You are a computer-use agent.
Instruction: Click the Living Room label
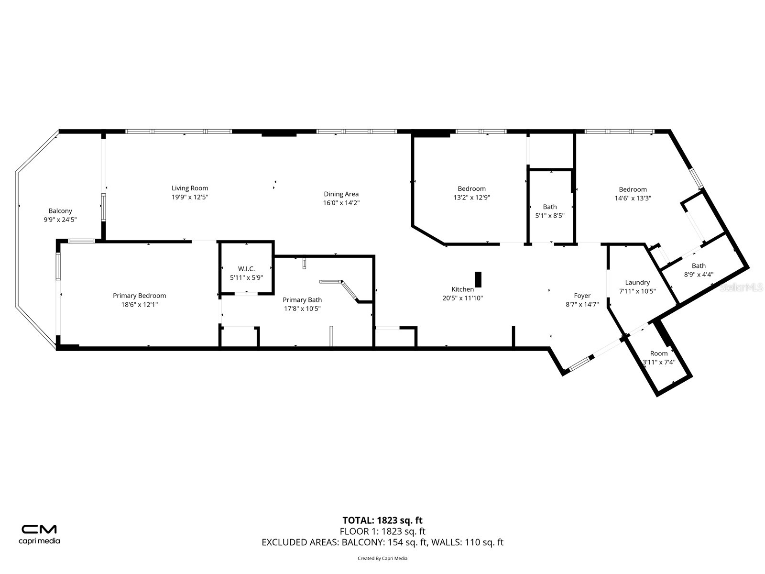click(x=190, y=188)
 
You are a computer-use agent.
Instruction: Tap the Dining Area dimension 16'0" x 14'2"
click(x=341, y=203)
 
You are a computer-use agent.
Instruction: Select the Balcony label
click(x=60, y=211)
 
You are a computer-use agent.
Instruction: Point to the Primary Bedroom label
click(x=139, y=296)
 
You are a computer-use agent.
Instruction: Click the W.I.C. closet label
click(x=246, y=269)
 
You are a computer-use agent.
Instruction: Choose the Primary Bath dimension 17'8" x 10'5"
click(x=302, y=309)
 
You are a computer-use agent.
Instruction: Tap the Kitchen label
click(x=462, y=289)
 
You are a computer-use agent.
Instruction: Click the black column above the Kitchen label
click(x=478, y=279)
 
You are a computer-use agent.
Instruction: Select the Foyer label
click(x=582, y=296)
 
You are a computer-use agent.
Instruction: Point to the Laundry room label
click(x=637, y=283)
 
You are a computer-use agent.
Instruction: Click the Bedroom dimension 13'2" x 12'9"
click(x=471, y=198)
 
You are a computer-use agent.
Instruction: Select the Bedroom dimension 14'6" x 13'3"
click(x=633, y=198)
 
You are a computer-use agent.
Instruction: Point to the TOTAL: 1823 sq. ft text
click(x=382, y=520)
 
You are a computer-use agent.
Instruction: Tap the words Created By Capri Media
click(x=382, y=558)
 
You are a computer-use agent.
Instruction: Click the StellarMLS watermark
click(x=741, y=287)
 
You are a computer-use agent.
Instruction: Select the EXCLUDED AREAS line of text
click(x=382, y=542)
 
